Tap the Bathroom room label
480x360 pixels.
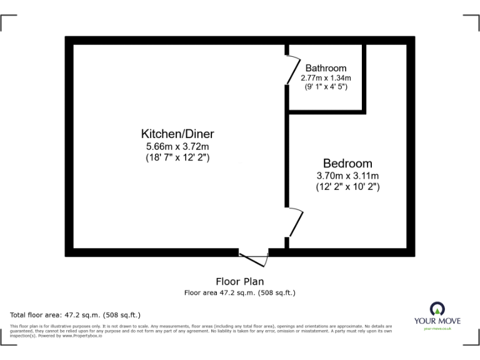tap(326, 68)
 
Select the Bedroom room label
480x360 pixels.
tap(347, 164)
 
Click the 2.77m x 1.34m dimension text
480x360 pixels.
tap(326, 77)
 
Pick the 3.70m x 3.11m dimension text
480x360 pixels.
tap(347, 176)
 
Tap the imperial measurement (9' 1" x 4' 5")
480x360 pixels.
tap(326, 86)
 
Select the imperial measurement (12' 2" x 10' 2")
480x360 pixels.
tap(347, 186)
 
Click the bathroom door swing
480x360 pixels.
tap(292, 69)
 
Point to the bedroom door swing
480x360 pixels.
tap(295, 222)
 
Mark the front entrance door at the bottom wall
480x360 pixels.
tap(254, 259)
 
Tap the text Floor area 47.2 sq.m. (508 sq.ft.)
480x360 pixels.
tap(240, 292)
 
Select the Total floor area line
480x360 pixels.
tap(76, 314)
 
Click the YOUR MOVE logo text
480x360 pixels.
tap(437, 321)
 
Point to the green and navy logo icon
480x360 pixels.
tap(437, 307)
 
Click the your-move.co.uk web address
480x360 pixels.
tap(437, 329)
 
